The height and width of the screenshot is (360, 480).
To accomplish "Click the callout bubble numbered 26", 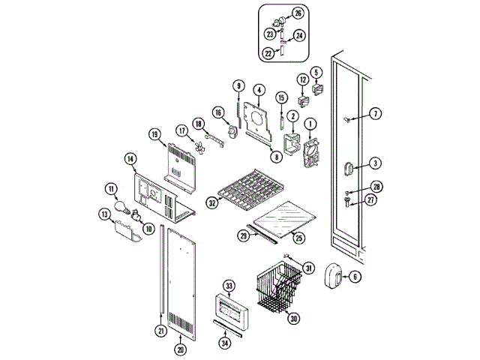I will [298, 13].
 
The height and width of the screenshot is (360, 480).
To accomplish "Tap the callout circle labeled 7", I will [376, 114].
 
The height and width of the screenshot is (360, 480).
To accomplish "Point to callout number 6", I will [355, 277].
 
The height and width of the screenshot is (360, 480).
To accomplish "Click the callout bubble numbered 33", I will [229, 286].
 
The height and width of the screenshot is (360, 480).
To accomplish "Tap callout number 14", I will [130, 158].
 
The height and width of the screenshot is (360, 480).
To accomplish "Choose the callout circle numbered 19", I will [154, 135].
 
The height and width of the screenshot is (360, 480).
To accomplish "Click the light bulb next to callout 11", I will [120, 208].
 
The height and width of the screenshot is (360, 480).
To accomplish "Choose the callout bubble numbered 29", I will [243, 235].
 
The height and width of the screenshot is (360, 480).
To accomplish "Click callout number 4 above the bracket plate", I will [258, 89].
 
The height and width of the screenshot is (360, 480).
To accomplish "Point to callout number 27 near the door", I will [370, 199].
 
